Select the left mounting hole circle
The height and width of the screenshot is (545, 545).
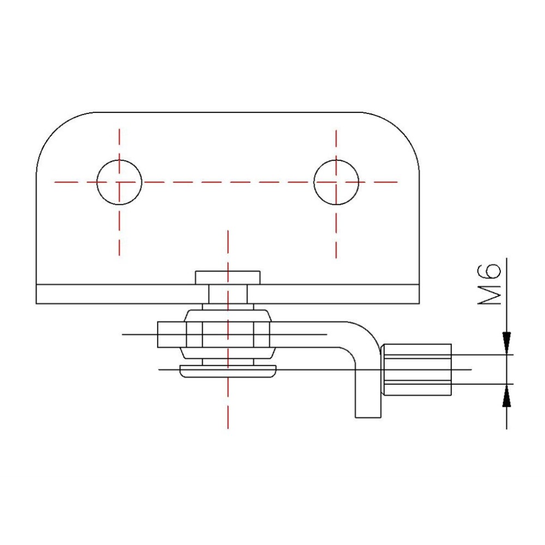click(x=119, y=182)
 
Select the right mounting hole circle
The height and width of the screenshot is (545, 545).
click(x=336, y=182)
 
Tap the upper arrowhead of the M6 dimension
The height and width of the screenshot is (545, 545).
click(x=507, y=343)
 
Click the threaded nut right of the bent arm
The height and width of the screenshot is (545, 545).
click(x=417, y=370)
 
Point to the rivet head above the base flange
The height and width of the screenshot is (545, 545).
click(x=228, y=277)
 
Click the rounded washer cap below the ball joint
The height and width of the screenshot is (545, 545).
click(x=228, y=372)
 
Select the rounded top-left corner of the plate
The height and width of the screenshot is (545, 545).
click(x=55, y=131)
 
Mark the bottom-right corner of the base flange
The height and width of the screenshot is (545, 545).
click(x=419, y=303)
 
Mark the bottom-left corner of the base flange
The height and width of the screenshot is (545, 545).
click(x=37, y=303)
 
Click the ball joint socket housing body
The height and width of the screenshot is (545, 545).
click(x=228, y=334)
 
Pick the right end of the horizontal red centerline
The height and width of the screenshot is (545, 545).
click(x=397, y=182)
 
